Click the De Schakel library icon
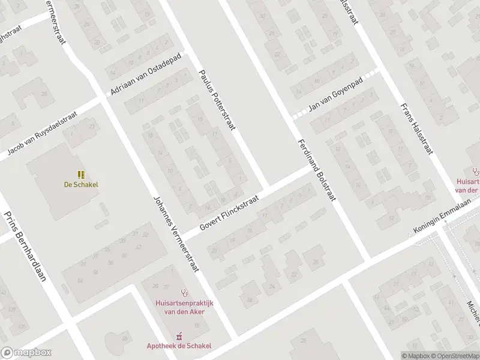tap(81, 175)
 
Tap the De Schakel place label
tap(81, 185)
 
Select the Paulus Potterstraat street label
tap(218, 99)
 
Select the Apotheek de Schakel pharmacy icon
tap(178, 337)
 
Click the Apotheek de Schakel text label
tap(179, 346)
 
